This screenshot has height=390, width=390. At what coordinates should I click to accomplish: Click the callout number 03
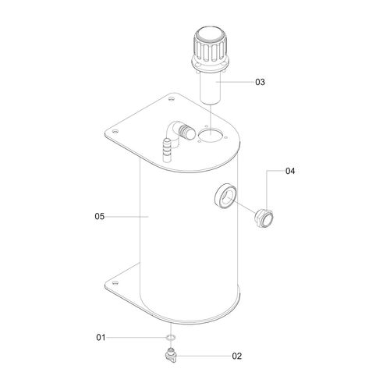tap(260, 82)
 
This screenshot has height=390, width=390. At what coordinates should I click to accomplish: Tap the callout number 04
tap(290, 171)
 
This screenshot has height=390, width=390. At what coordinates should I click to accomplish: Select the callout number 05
tap(100, 216)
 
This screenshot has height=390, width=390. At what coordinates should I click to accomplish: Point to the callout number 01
tap(101, 338)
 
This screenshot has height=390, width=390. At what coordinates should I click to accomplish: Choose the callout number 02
tap(237, 356)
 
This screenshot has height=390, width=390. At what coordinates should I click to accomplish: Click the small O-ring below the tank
tap(171, 338)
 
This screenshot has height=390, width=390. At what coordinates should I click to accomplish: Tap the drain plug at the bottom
tap(171, 353)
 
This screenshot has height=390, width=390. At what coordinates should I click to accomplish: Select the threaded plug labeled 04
tap(264, 218)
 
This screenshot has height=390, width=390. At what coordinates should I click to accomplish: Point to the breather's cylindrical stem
tap(211, 87)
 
